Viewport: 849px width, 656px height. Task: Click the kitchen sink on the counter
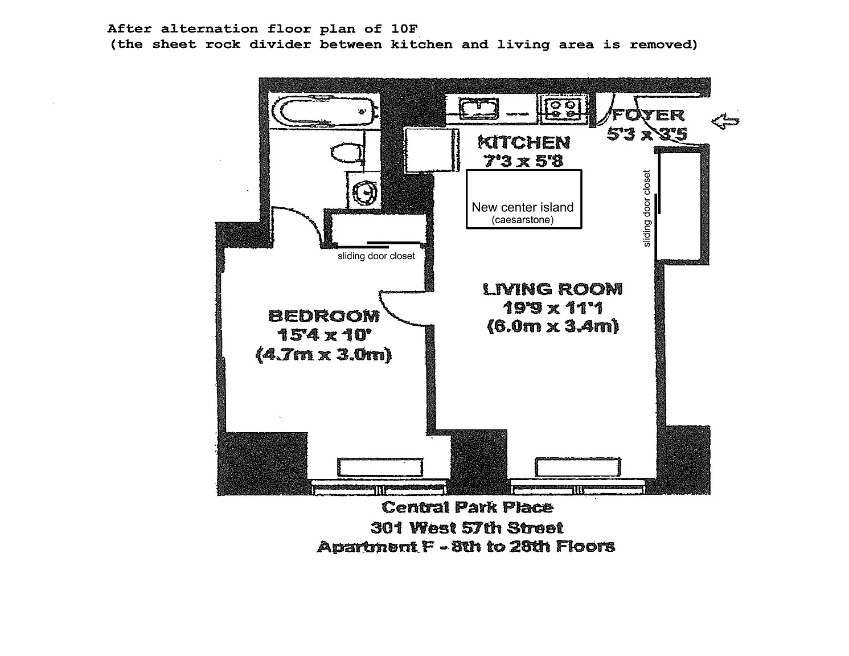click(x=479, y=109)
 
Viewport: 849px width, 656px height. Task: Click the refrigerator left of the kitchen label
click(x=432, y=150)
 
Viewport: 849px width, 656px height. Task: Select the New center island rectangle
click(x=524, y=199)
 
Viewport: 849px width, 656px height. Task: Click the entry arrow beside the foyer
click(x=725, y=121)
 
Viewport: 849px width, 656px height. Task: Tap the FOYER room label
click(x=648, y=115)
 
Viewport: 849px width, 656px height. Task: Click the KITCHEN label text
click(x=524, y=142)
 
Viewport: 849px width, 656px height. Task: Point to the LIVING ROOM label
click(x=553, y=289)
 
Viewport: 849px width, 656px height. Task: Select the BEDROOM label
click(x=324, y=316)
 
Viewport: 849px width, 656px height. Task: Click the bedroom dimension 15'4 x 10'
click(x=324, y=335)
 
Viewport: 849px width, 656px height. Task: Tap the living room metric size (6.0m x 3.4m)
click(x=553, y=326)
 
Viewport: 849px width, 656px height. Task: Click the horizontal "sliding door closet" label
click(x=376, y=256)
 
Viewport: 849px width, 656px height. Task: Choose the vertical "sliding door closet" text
click(x=647, y=208)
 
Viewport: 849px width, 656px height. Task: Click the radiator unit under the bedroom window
click(x=380, y=468)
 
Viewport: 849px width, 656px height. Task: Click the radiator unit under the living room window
click(x=578, y=468)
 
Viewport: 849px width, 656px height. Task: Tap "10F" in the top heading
click(x=404, y=29)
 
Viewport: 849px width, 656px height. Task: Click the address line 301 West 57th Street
click(x=467, y=528)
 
